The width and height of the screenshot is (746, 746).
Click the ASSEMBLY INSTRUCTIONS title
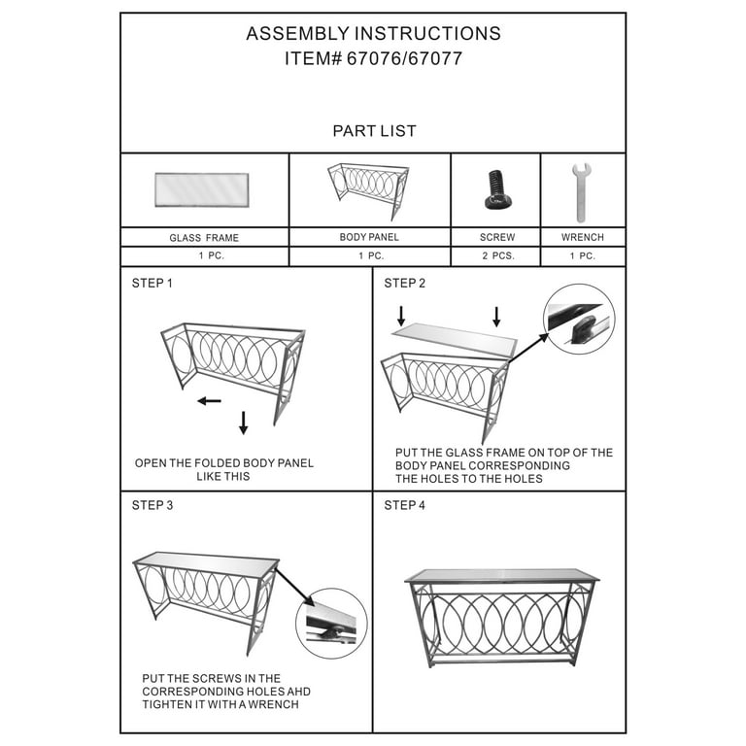pyautogui.click(x=373, y=34)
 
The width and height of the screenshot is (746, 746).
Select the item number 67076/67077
pyautogui.click(x=373, y=59)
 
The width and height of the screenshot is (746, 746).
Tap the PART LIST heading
pyautogui.click(x=374, y=131)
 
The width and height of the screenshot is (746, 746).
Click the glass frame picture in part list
pyautogui.click(x=201, y=189)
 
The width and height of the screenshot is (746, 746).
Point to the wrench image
pyautogui.click(x=581, y=191)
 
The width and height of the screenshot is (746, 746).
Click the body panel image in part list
pyautogui.click(x=369, y=189)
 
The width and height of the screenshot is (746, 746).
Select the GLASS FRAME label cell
pyautogui.click(x=204, y=237)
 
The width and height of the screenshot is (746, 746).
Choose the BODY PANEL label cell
pyautogui.click(x=369, y=237)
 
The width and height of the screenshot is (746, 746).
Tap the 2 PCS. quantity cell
pyautogui.click(x=495, y=256)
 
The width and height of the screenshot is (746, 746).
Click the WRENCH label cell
pyautogui.click(x=582, y=237)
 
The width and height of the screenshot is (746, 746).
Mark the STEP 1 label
pyautogui.click(x=152, y=284)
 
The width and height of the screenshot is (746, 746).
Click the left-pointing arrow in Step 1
pyautogui.click(x=209, y=400)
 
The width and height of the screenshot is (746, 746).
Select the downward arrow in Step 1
pyautogui.click(x=243, y=423)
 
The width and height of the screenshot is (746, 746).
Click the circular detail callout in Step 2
pyautogui.click(x=578, y=319)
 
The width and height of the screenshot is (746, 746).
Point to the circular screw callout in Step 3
pyautogui.click(x=331, y=624)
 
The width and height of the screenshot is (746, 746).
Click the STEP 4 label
pyautogui.click(x=404, y=505)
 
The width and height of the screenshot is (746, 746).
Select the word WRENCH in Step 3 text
pyautogui.click(x=271, y=704)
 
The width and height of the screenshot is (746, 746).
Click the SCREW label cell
pyautogui.click(x=495, y=237)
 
